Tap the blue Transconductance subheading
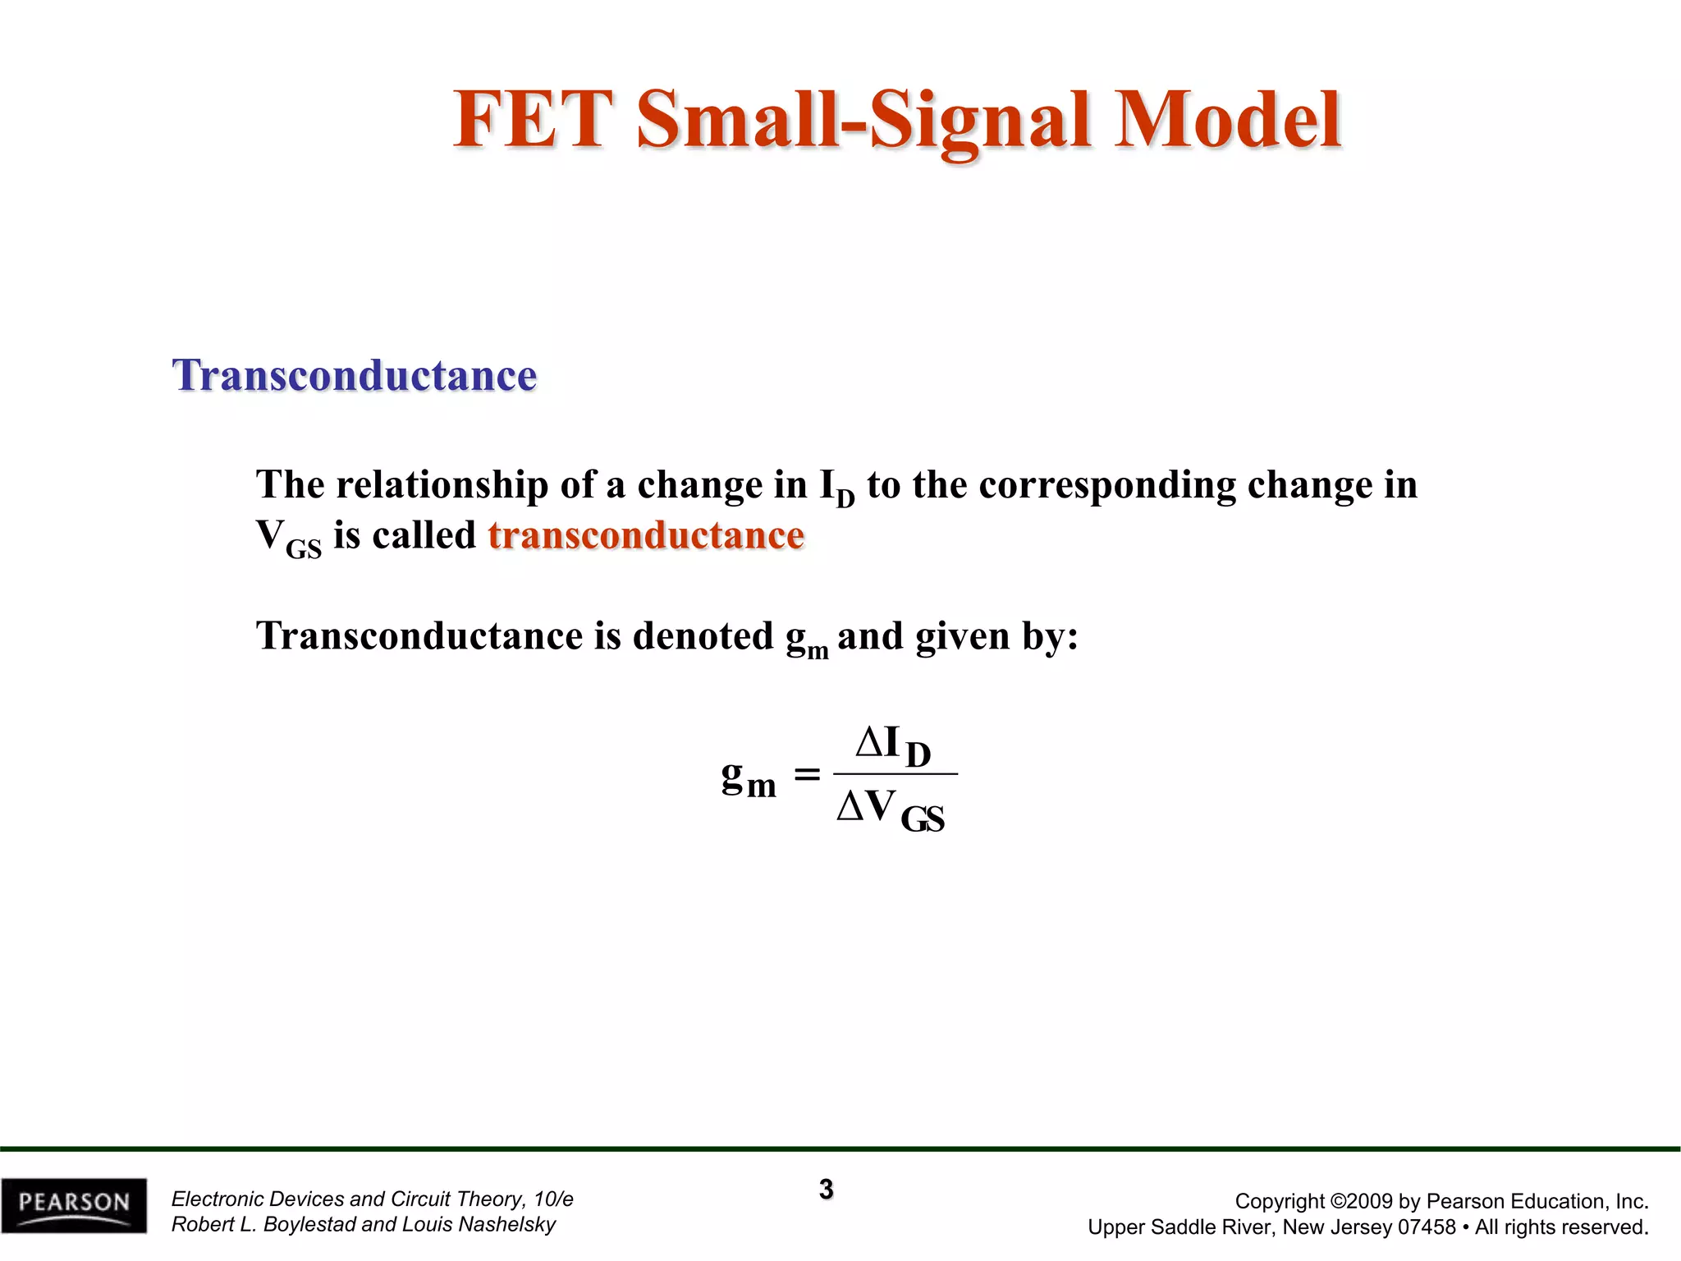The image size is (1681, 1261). pyautogui.click(x=355, y=375)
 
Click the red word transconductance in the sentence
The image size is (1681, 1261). pyautogui.click(x=646, y=535)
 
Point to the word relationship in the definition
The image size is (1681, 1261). pyautogui.click(x=442, y=484)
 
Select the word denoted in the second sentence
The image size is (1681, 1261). pyautogui.click(x=703, y=636)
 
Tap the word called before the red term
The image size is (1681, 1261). pyautogui.click(x=424, y=535)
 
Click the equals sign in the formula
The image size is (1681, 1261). pyautogui.click(x=807, y=774)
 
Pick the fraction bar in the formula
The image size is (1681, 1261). pyautogui.click(x=895, y=773)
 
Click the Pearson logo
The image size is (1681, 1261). pyautogui.click(x=74, y=1205)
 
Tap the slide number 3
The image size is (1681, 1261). pyautogui.click(x=826, y=1189)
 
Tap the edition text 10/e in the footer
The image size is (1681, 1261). pyautogui.click(x=552, y=1199)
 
